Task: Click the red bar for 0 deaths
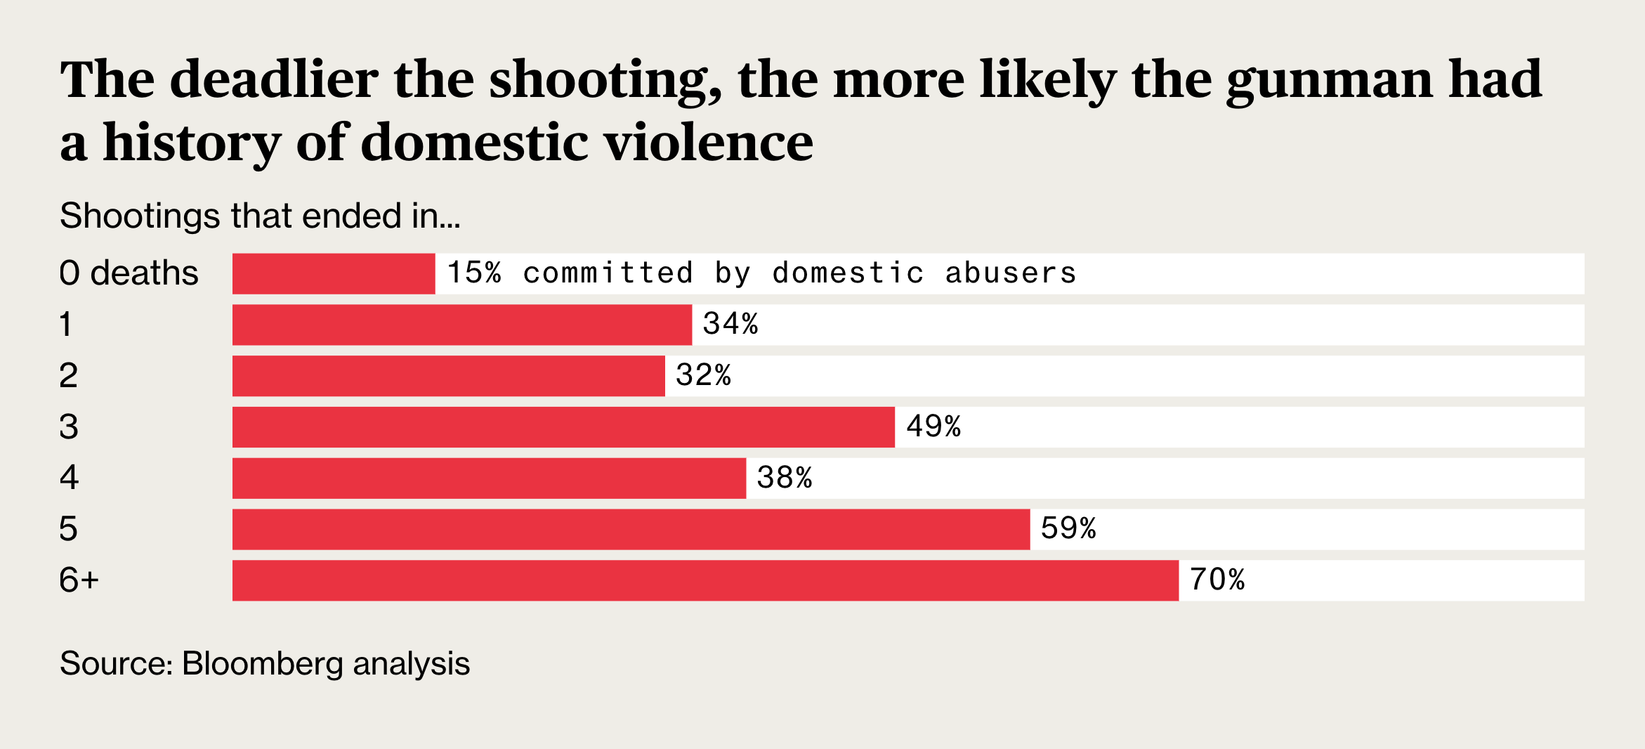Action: coord(334,273)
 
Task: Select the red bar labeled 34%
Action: coord(461,325)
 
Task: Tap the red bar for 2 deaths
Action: coord(448,376)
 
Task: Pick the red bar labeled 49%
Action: coord(563,427)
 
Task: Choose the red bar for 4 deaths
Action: coord(489,478)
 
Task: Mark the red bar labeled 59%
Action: coord(631,530)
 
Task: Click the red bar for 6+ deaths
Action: coord(705,580)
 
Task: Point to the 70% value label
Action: coord(1217,580)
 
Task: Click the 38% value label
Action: coord(785,478)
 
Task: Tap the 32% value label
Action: coord(703,376)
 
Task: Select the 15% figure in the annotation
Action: coord(474,273)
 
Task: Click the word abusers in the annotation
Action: coord(1010,273)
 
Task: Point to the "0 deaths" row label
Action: coord(129,273)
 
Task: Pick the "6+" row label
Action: coord(79,580)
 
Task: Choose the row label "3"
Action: coord(69,427)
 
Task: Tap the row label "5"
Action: coord(68,529)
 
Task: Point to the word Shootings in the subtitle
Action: coord(140,216)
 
